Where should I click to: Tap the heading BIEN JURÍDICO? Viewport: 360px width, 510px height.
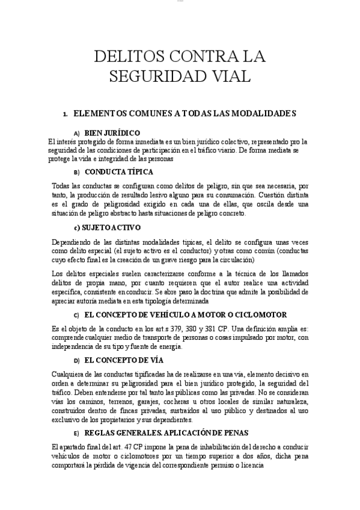pos(112,133)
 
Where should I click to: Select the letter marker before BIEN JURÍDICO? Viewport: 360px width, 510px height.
pos(76,133)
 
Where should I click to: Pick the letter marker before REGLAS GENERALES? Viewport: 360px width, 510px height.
pos(76,434)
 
